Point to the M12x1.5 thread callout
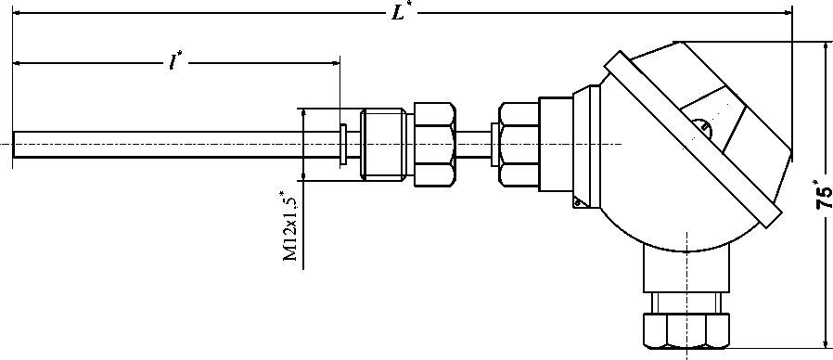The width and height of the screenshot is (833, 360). pos(290,226)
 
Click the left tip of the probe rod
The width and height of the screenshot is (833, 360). pos(13,144)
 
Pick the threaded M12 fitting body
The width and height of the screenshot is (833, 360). pos(383,144)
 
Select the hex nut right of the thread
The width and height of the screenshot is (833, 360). pos(434,144)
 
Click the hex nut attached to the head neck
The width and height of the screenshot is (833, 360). pos(519,144)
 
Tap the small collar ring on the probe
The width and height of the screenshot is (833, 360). pos(344,144)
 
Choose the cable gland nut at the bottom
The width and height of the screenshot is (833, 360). pos(686,330)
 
